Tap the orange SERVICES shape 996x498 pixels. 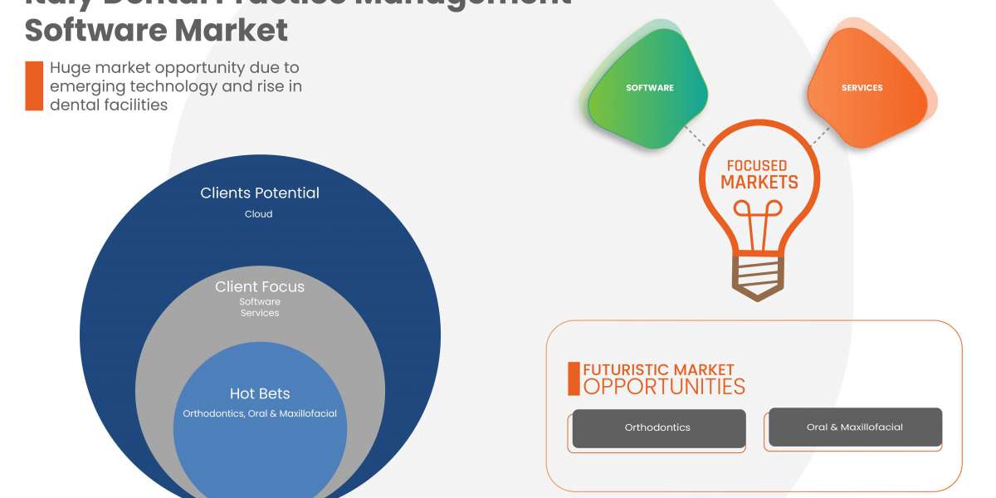(x=863, y=90)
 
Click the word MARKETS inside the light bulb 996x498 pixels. (x=759, y=183)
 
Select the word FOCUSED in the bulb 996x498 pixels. (x=756, y=165)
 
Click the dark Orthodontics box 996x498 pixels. (x=658, y=428)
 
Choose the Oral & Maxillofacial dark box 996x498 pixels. (x=855, y=427)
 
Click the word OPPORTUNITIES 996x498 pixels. (x=664, y=387)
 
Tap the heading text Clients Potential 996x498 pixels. (x=260, y=193)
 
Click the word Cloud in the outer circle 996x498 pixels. (x=259, y=214)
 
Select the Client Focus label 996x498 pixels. (x=260, y=287)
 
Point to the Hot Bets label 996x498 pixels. (x=260, y=393)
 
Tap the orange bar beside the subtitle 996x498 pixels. (x=34, y=85)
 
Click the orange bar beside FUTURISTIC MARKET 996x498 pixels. (x=574, y=378)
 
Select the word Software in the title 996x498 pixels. (x=95, y=31)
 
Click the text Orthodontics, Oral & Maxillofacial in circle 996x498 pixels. (x=260, y=413)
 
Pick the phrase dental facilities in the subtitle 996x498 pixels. (x=109, y=105)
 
